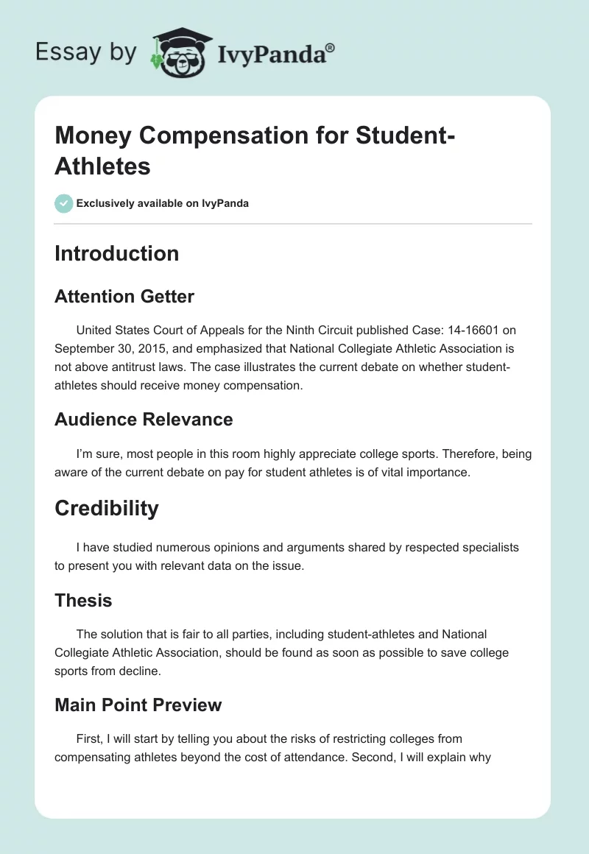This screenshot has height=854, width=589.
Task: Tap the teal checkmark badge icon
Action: (63, 203)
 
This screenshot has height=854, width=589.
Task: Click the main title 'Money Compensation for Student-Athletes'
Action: (255, 151)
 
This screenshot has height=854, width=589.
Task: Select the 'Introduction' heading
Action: (116, 253)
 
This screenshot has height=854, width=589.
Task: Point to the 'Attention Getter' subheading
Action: (124, 297)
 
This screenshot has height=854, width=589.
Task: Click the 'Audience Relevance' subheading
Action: (144, 420)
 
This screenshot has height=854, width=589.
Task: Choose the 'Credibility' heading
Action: (106, 508)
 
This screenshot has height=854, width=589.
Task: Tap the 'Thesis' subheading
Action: (83, 601)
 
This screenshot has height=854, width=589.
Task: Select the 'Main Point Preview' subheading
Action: (138, 705)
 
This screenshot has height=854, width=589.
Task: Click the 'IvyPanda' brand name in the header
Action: (276, 52)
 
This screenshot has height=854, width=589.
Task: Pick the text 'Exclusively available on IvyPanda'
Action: (163, 203)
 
